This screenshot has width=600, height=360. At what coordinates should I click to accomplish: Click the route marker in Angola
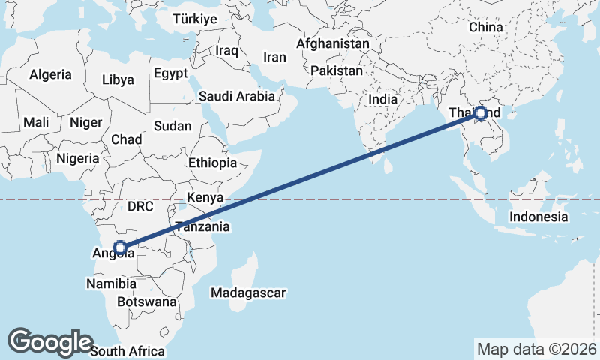click(119, 246)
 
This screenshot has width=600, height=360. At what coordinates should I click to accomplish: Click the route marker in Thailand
click(481, 114)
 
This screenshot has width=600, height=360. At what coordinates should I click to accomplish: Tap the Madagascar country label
click(249, 292)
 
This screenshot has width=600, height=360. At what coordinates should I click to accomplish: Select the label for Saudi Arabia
click(237, 96)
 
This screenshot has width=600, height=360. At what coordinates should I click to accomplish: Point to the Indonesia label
click(538, 217)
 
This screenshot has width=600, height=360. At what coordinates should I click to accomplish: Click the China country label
click(485, 27)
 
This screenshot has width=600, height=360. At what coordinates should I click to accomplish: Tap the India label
click(382, 99)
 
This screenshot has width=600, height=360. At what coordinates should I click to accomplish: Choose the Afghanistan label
click(333, 44)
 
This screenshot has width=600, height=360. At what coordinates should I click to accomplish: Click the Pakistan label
click(337, 71)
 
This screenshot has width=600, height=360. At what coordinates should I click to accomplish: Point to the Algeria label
click(51, 74)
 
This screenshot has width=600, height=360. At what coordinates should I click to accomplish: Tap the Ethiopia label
click(212, 163)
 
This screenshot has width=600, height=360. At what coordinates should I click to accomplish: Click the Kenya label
click(205, 198)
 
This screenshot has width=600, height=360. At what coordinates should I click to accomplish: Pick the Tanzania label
click(202, 226)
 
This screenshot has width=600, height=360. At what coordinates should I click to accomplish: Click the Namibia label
click(111, 284)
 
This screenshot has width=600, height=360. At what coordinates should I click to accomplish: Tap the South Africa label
click(127, 350)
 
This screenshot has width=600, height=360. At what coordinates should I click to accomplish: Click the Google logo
click(50, 341)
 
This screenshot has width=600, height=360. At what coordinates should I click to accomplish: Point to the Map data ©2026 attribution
click(536, 349)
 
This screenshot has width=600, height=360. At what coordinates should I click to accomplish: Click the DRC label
click(140, 205)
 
